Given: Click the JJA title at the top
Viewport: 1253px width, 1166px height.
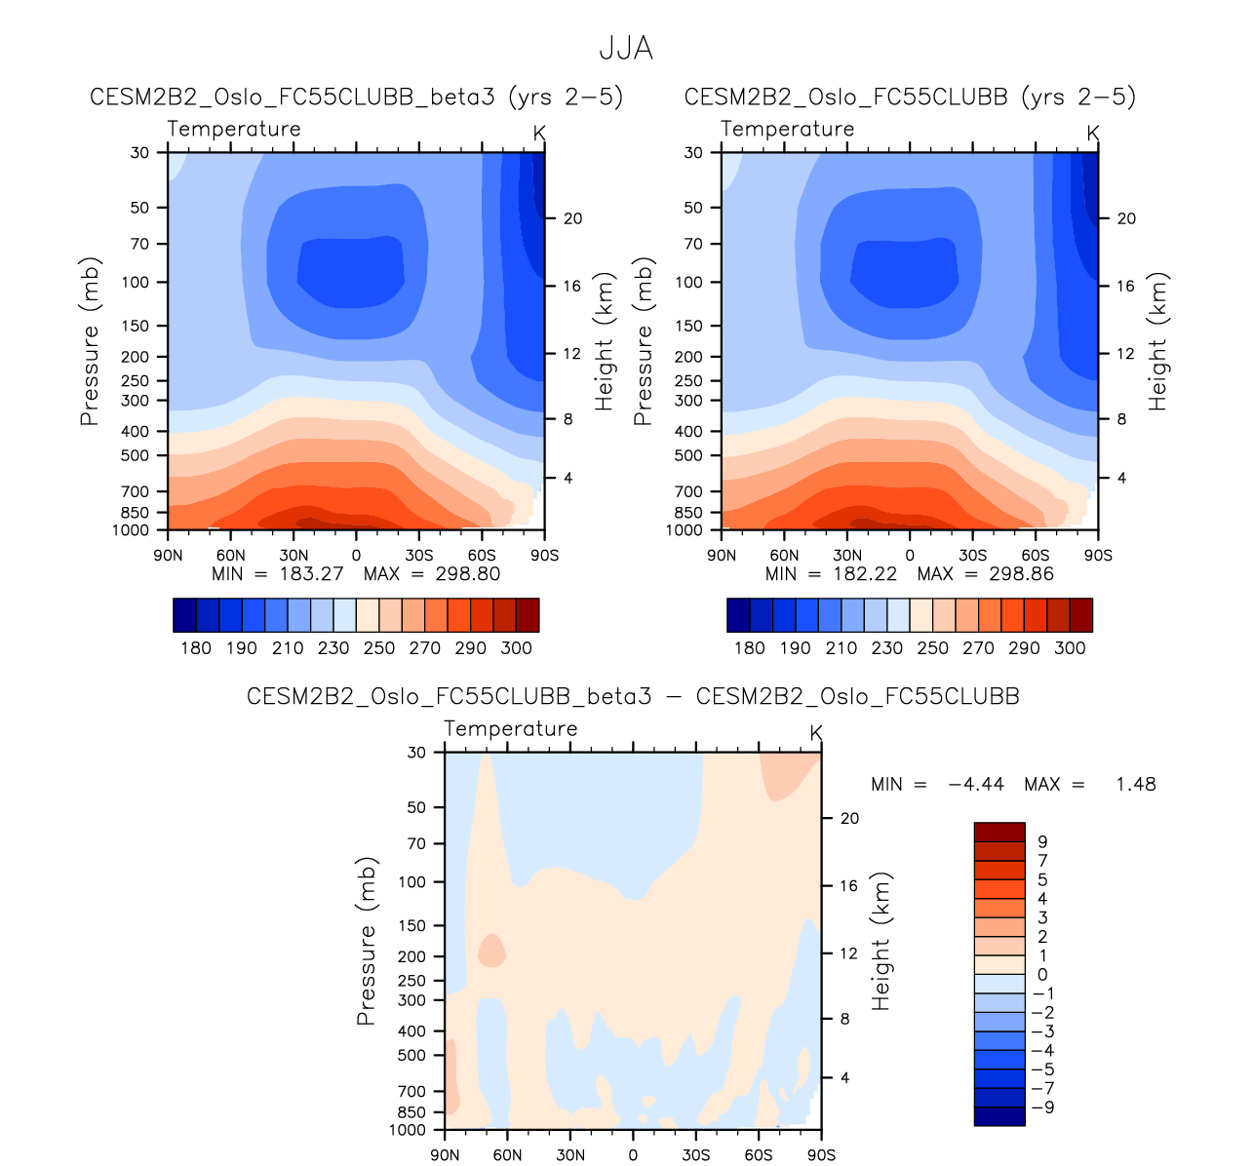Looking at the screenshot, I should (625, 48).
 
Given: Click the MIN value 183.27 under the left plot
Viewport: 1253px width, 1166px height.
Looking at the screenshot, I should (311, 573).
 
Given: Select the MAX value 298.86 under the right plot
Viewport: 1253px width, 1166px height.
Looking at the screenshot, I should (1021, 573).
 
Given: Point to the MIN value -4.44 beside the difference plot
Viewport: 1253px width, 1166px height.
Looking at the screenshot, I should (975, 784).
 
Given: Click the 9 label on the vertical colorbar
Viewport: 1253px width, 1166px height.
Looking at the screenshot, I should (1042, 841).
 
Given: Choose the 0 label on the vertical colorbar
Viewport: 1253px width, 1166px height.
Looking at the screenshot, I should (1042, 975).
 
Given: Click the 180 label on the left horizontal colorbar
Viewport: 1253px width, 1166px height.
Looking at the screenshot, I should (196, 648).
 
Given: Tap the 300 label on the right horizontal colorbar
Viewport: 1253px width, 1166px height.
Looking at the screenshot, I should (1070, 648).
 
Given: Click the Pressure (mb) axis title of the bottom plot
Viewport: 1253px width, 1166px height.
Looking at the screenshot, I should (366, 942).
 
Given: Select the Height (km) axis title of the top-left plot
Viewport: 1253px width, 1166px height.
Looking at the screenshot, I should (605, 342).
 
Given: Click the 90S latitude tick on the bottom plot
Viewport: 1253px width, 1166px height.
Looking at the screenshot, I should (821, 1155).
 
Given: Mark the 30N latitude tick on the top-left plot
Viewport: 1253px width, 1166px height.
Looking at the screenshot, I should (294, 556).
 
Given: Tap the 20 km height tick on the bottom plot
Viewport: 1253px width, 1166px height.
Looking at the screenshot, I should (849, 818).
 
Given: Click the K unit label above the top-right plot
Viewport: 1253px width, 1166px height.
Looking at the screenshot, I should (1093, 133).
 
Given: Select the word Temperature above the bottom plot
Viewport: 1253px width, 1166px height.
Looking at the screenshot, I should (510, 728).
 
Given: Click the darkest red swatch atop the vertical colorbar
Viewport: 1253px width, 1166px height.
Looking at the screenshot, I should (998, 832).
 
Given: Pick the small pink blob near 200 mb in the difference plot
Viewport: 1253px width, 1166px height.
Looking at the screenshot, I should (491, 951).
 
